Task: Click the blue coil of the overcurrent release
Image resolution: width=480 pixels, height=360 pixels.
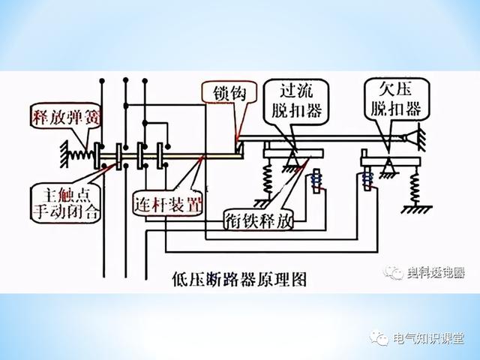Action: tap(315, 182)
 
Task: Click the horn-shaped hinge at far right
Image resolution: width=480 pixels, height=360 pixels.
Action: tap(409, 138)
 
